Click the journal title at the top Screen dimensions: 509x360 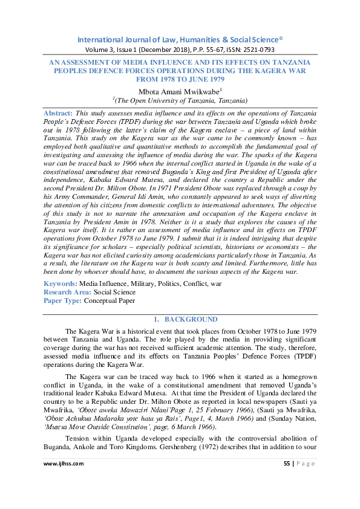[x=180, y=40]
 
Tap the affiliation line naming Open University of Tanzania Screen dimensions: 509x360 [x=180, y=100]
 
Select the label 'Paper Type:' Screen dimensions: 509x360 [x=63, y=300]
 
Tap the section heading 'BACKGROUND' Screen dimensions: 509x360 [x=191, y=319]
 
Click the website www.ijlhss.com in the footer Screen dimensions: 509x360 [x=64, y=463]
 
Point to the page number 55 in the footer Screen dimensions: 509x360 [x=287, y=463]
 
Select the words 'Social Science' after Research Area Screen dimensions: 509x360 [x=114, y=291]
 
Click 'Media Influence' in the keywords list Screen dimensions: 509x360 [x=105, y=283]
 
